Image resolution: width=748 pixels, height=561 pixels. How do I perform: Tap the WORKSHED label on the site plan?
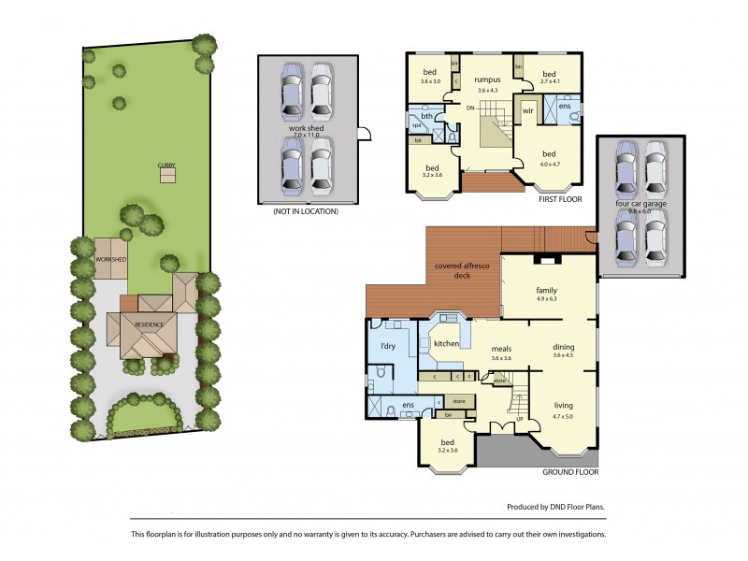(109, 259)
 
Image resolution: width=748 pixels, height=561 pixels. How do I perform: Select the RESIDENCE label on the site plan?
(149, 324)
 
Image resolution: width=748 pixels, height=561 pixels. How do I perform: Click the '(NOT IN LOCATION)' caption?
(305, 212)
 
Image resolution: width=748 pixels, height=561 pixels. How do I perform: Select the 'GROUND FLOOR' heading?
(569, 473)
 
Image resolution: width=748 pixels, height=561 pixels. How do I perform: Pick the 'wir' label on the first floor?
(527, 110)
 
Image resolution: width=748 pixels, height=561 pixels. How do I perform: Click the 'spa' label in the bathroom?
(416, 123)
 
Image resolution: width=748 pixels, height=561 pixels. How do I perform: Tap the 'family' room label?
(546, 290)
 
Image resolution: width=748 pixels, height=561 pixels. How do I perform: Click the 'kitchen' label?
(446, 344)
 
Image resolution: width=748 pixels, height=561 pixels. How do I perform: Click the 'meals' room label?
(502, 348)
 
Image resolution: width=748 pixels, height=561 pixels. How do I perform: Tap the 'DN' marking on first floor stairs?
(471, 108)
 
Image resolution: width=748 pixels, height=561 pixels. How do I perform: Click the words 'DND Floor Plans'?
(575, 507)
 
